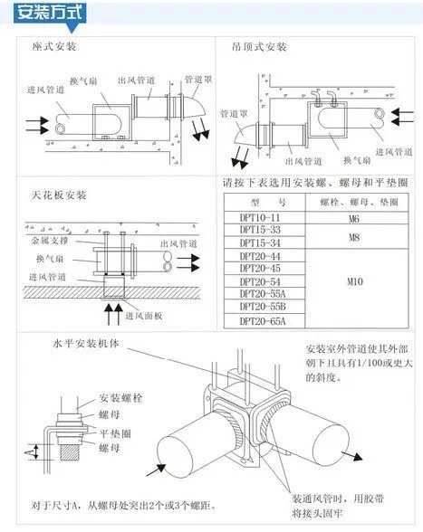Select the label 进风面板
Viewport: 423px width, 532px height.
[x=143, y=314]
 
